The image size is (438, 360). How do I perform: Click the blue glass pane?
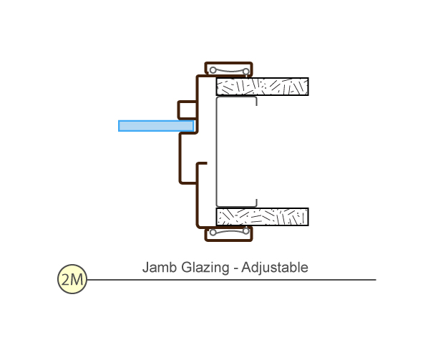click(155, 126)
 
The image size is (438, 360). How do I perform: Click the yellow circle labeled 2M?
click(72, 279)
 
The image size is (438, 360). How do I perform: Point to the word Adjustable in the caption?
click(275, 268)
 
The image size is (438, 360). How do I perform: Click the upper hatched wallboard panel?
click(262, 87)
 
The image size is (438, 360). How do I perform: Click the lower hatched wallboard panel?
click(262, 217)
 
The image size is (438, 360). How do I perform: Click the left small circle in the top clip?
click(213, 70)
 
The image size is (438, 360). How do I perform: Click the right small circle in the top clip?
click(245, 70)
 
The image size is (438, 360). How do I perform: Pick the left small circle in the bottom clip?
click(213, 233)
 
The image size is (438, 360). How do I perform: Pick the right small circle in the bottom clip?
click(245, 233)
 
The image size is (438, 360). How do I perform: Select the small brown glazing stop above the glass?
click(187, 110)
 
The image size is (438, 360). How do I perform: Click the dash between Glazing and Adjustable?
click(236, 268)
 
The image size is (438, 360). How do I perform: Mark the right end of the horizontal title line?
click(374, 279)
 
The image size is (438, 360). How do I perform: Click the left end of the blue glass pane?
click(120, 126)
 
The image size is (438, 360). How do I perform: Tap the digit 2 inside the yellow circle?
click(66, 279)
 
